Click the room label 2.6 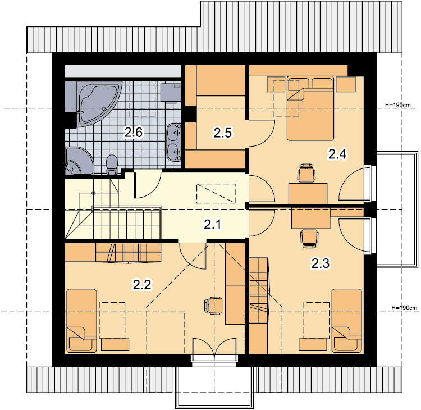pyautogui.click(x=134, y=132)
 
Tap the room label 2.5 pyautogui.click(x=223, y=133)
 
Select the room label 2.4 pyautogui.click(x=337, y=154)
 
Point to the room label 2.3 pyautogui.click(x=321, y=263)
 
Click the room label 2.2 pyautogui.click(x=143, y=285)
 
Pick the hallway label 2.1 pyautogui.click(x=213, y=224)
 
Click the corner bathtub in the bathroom pyautogui.click(x=98, y=103)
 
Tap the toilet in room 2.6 pyautogui.click(x=112, y=165)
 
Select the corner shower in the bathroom pyautogui.click(x=79, y=161)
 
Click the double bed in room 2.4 pyautogui.click(x=310, y=108)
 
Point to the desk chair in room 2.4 pyautogui.click(x=306, y=173)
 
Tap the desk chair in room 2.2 pyautogui.click(x=214, y=306)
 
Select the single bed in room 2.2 pyautogui.click(x=81, y=321)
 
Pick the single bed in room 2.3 pyautogui.click(x=347, y=321)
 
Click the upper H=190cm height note pyautogui.click(x=397, y=105)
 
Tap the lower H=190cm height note pyautogui.click(x=404, y=308)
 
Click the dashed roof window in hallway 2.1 pyautogui.click(x=216, y=193)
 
